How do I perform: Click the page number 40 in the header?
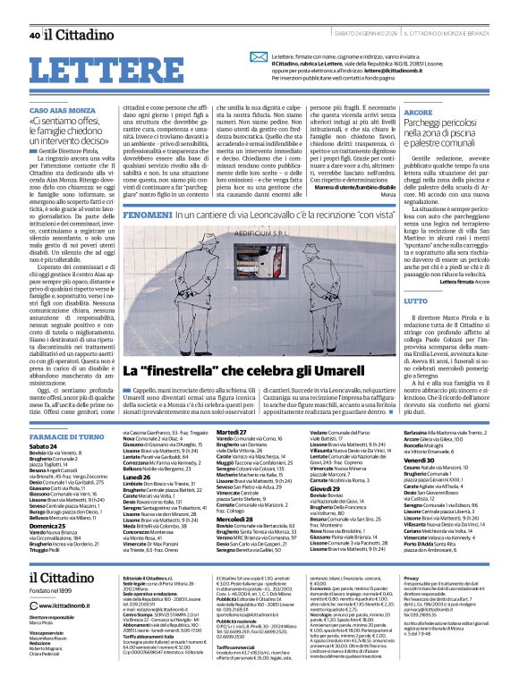[34, 11]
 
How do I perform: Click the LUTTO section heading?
[404, 302]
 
